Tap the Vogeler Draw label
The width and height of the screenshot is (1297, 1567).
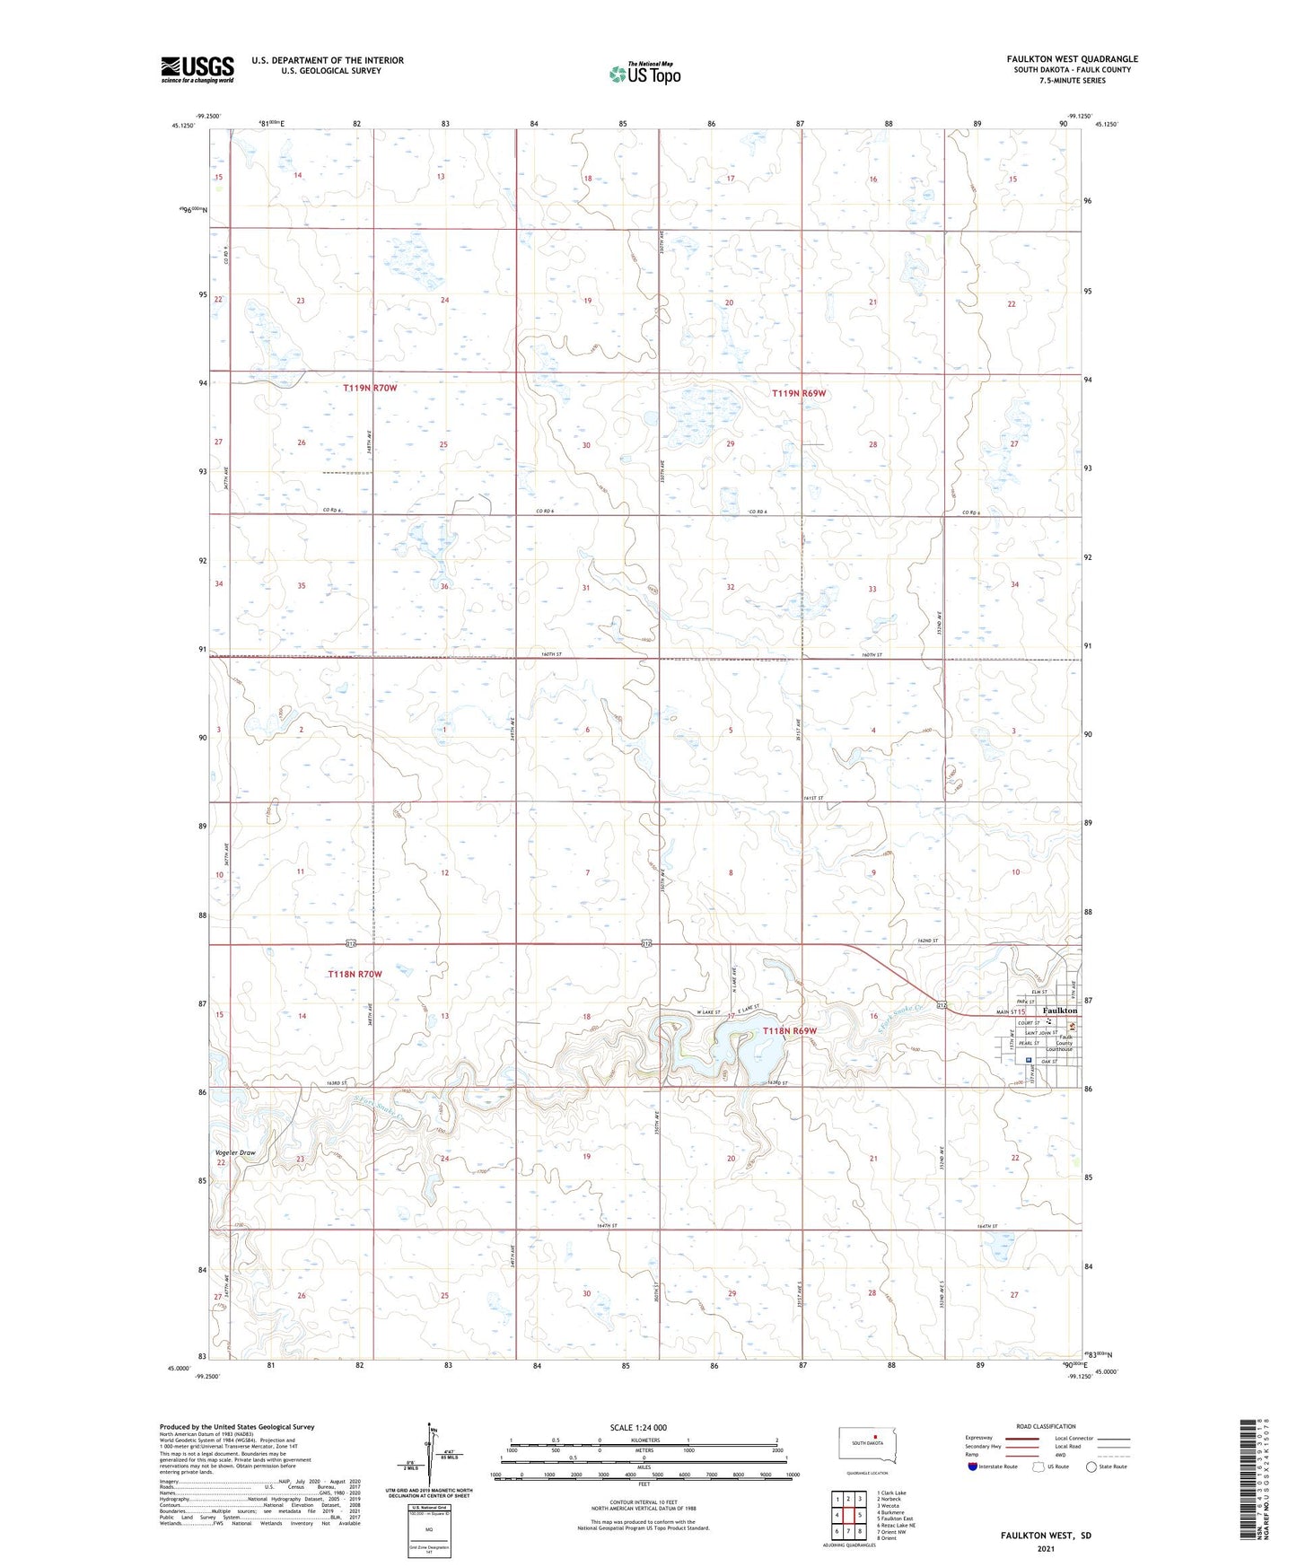[235, 1152]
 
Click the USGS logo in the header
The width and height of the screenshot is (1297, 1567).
[197, 69]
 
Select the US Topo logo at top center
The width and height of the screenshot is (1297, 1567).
[644, 74]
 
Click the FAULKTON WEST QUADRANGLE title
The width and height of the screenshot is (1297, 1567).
[1072, 59]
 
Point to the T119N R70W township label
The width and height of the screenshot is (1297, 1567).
[370, 388]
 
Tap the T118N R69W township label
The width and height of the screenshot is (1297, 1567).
[790, 1031]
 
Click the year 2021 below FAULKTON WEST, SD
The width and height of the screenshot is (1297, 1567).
[1046, 1549]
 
